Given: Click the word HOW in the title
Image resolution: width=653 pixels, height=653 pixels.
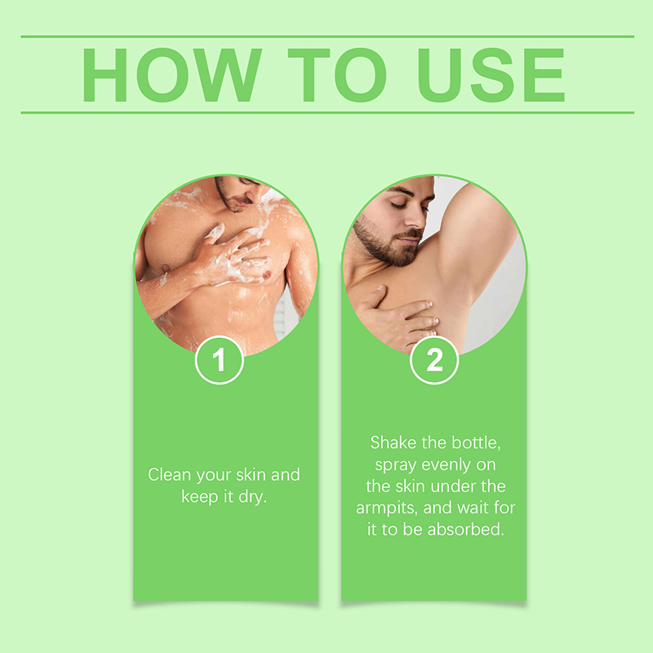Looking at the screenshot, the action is (172, 75).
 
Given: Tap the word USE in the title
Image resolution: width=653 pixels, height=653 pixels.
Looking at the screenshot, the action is (491, 75).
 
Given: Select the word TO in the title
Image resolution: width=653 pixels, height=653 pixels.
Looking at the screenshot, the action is (337, 75).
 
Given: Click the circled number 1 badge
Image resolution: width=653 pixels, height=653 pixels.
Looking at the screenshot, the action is (219, 360).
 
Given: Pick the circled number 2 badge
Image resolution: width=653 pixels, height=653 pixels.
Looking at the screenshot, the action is (434, 360).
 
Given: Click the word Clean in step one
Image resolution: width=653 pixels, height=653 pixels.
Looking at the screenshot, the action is (169, 475).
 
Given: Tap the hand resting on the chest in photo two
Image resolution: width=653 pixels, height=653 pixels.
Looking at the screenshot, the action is (396, 317).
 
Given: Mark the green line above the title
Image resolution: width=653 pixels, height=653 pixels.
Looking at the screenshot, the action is (327, 37).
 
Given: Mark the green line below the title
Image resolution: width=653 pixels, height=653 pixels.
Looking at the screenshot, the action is (327, 113).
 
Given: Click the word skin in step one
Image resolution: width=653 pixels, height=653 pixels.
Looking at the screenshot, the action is (254, 475).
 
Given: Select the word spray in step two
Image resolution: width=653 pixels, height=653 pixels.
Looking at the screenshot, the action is (396, 465).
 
